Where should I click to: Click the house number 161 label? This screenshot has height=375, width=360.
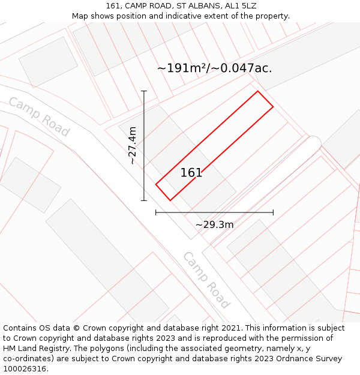click(x=191, y=173)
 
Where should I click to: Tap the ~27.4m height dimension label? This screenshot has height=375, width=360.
click(x=133, y=145)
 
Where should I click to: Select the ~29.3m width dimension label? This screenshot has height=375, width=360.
click(x=214, y=225)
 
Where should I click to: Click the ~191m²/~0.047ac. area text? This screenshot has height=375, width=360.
click(x=214, y=68)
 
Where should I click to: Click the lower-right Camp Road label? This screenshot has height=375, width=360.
click(x=206, y=280)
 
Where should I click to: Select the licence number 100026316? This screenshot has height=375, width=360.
click(x=25, y=368)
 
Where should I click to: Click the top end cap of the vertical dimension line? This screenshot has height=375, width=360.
click(x=144, y=91)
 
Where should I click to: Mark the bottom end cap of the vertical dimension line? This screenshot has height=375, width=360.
click(x=144, y=200)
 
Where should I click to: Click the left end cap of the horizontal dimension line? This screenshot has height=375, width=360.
click(x=156, y=212)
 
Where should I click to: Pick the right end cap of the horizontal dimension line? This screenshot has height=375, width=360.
click(x=273, y=212)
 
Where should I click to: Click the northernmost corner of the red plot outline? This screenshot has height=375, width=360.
click(x=258, y=91)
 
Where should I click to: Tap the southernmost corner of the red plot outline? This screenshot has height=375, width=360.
click(x=170, y=200)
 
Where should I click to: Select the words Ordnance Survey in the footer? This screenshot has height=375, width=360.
click(x=309, y=358)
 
